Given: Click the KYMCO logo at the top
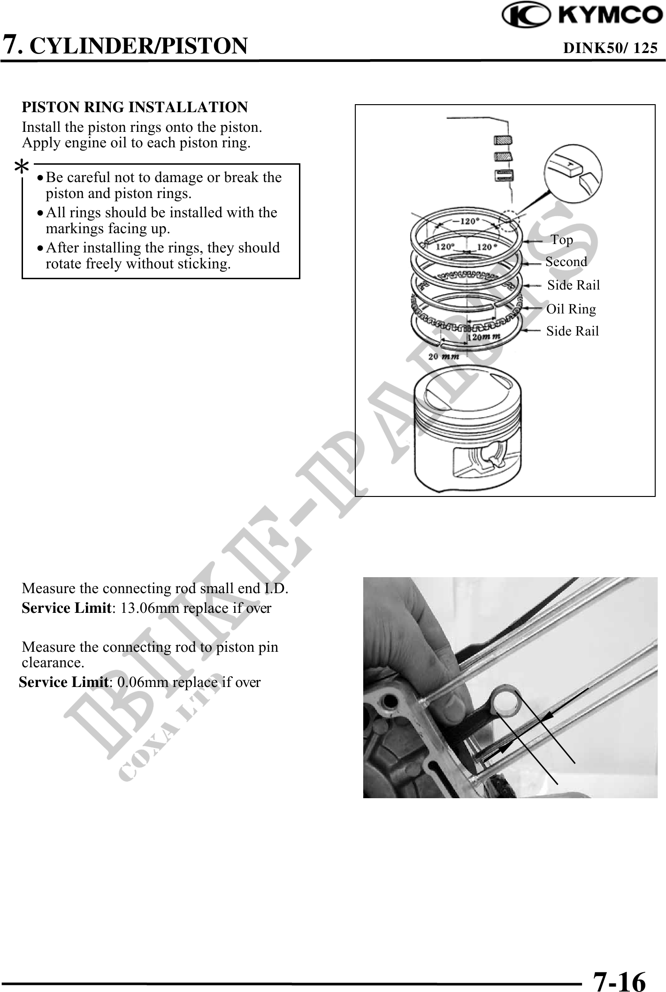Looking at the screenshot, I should coord(582,15).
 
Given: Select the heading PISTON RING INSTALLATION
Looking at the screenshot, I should coord(135,107).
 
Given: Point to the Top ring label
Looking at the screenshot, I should coord(562,240).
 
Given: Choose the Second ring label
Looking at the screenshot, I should coord(566,262).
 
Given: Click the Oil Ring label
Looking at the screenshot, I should coord(571,309).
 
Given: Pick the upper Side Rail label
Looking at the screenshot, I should coord(574,285).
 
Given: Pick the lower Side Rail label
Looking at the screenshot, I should coord(573,331).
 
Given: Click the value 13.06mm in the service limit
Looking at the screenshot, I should coord(138,608).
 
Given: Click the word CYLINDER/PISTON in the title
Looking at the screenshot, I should coord(141,46).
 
